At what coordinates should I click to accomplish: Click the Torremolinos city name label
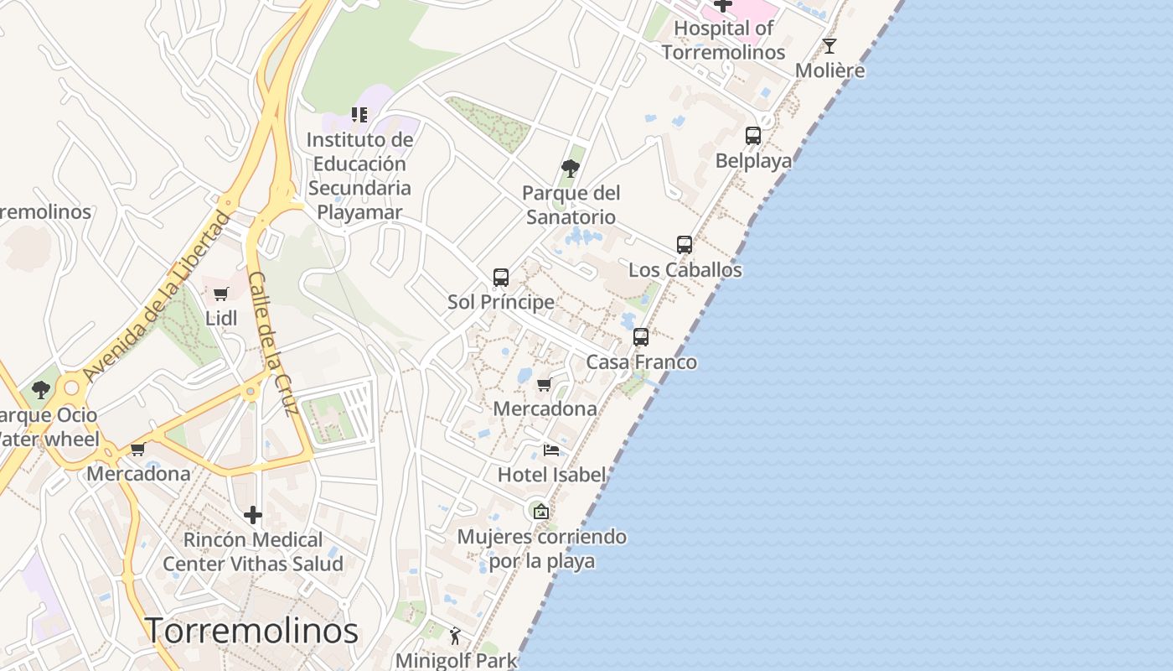[x=252, y=631]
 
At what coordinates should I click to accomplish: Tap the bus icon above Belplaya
[x=753, y=135]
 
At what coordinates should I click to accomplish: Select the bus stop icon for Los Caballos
[x=685, y=245]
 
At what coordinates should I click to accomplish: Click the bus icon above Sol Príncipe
[x=501, y=277]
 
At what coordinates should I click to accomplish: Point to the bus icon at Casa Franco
[x=641, y=337]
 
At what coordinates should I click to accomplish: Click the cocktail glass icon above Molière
[x=829, y=46]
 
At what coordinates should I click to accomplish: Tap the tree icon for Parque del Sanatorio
[x=571, y=169]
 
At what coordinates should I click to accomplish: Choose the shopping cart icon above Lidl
[x=221, y=294]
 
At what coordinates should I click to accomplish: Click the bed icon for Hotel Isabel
[x=551, y=450]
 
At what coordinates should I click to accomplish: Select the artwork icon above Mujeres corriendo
[x=541, y=511]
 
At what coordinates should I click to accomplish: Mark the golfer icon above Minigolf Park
[x=455, y=636]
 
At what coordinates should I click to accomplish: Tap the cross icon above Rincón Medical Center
[x=253, y=515]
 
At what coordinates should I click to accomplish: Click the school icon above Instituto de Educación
[x=359, y=115]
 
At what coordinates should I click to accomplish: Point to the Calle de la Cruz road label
[x=274, y=344]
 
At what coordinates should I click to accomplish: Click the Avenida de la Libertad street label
[x=157, y=298]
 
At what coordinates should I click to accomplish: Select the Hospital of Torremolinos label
[x=724, y=40]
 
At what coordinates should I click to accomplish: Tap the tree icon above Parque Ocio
[x=40, y=390]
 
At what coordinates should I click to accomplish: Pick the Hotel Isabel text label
[x=551, y=475]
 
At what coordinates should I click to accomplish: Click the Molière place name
[x=829, y=70]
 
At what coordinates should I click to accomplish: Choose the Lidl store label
[x=221, y=318]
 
